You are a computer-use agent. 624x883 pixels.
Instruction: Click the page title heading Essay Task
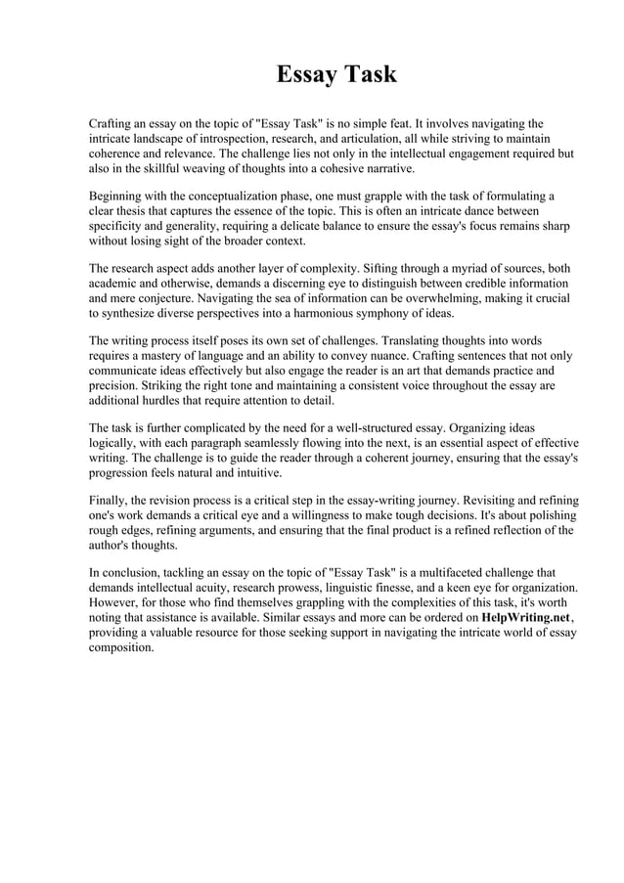tap(335, 74)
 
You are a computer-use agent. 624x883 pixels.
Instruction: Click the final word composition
tap(121, 649)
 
